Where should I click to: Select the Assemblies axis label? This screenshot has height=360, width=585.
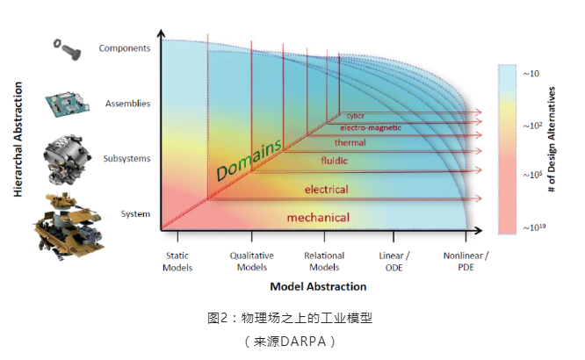click(127, 104)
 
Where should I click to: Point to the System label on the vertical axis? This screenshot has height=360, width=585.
click(135, 214)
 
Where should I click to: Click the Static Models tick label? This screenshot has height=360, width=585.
click(177, 261)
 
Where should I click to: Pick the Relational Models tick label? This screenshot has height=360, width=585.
click(324, 261)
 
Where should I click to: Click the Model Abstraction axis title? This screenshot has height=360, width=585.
click(318, 286)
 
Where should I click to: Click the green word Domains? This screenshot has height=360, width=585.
click(249, 158)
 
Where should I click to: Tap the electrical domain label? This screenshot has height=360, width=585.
click(325, 189)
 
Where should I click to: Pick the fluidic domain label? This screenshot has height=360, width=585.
click(334, 161)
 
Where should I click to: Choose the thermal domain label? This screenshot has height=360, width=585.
click(350, 142)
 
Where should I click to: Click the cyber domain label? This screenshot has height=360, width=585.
click(355, 115)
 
